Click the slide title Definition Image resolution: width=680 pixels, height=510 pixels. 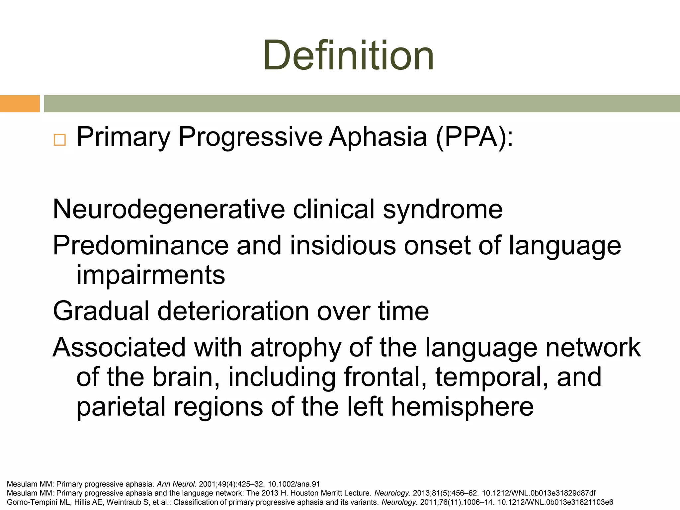click(x=348, y=55)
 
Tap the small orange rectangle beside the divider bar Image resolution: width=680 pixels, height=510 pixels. click(x=20, y=104)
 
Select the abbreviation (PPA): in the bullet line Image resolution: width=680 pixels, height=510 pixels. click(x=474, y=137)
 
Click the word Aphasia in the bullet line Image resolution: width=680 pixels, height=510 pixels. click(x=378, y=137)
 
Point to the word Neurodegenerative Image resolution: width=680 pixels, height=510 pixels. click(x=169, y=210)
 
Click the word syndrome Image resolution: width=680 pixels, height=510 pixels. click(x=443, y=210)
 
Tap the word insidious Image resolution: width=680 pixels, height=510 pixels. click(x=343, y=245)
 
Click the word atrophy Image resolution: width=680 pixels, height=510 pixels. click(x=296, y=348)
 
